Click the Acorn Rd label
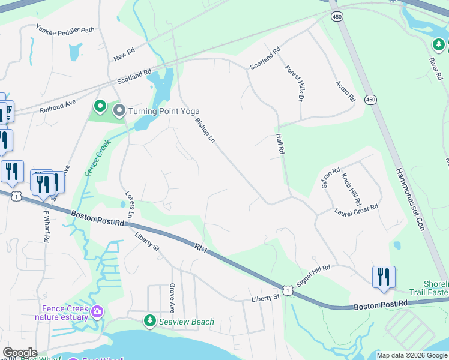click(x=346, y=91)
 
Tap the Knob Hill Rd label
click(x=349, y=183)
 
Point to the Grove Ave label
click(x=172, y=298)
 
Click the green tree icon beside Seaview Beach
click(x=149, y=322)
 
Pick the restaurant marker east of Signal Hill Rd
click(x=384, y=276)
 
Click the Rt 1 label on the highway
click(x=202, y=247)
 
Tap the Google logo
click(x=20, y=353)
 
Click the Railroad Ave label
click(x=58, y=107)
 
